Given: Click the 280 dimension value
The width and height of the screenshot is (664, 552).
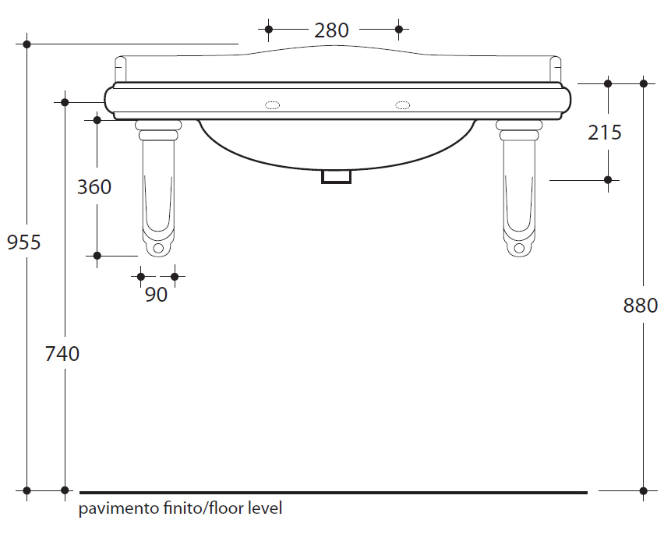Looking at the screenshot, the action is coord(331,30).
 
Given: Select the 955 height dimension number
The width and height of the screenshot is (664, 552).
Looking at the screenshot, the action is coord(23,242).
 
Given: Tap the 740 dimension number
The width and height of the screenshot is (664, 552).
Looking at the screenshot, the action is coord(62,354).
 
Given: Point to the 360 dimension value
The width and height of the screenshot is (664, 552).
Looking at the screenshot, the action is coord(94,187).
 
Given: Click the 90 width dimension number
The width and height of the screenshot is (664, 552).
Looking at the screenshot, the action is coord(157,295).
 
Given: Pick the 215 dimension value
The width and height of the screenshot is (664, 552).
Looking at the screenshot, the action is coord(605,133).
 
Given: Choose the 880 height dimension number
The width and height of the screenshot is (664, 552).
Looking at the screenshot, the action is coord(641,306).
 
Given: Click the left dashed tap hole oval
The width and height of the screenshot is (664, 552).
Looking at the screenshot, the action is coord(272,104).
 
